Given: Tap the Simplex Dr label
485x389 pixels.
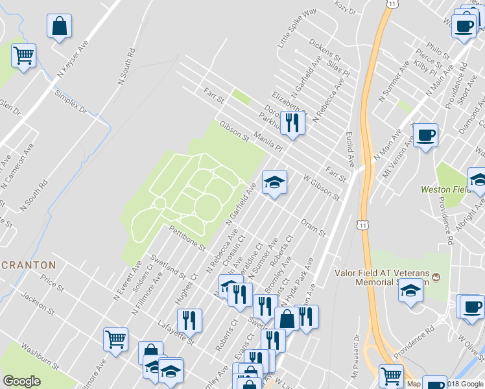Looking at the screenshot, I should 70,102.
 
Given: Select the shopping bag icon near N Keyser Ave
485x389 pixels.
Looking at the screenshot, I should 59,27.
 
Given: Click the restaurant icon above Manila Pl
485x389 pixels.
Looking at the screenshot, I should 292,123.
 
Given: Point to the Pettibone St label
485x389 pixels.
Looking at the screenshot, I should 187,238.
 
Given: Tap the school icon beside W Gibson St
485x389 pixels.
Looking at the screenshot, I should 274,183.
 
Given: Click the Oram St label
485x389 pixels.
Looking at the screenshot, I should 313,227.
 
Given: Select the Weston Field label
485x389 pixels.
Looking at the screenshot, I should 445,190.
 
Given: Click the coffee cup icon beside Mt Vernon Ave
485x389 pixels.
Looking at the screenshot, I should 425,136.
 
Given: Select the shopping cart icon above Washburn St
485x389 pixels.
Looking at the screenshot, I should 115,339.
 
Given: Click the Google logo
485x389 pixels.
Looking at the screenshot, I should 21,381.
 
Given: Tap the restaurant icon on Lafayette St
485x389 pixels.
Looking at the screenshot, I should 189,320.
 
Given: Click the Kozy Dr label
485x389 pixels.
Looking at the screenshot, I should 346,8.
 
